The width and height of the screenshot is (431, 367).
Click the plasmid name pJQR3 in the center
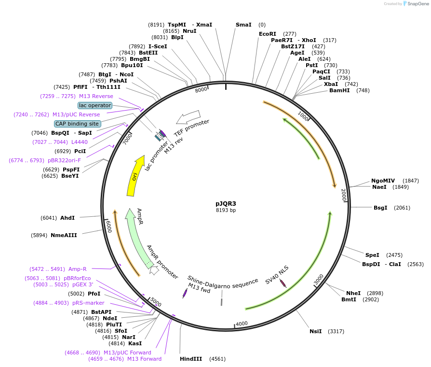click(x=226, y=203)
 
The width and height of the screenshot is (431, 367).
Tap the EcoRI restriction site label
click(x=267, y=34)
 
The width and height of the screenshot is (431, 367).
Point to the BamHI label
click(x=339, y=90)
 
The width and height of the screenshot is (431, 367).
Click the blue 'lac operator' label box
click(x=95, y=105)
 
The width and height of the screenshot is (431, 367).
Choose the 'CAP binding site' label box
click(x=77, y=124)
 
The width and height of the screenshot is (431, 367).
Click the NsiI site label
click(x=315, y=331)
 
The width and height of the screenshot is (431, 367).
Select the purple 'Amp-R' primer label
click(x=78, y=269)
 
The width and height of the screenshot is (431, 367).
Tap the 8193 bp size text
click(x=226, y=210)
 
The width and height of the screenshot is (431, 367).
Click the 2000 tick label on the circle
click(x=343, y=195)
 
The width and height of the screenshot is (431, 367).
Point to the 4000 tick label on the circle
click(x=242, y=323)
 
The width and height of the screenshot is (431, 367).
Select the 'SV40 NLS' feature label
click(x=277, y=275)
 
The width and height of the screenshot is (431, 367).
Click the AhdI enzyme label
click(x=67, y=218)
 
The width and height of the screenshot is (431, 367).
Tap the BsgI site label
click(x=380, y=208)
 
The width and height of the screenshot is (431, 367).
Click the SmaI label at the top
click(x=243, y=25)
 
